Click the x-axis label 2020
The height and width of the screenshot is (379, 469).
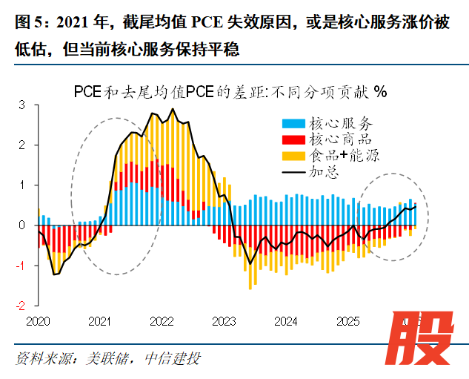(37, 322)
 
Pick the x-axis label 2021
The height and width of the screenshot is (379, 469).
(99, 322)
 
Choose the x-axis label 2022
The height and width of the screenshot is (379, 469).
(162, 322)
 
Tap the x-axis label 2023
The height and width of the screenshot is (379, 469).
(224, 322)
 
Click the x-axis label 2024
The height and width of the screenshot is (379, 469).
(286, 322)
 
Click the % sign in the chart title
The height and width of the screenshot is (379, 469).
(380, 92)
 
